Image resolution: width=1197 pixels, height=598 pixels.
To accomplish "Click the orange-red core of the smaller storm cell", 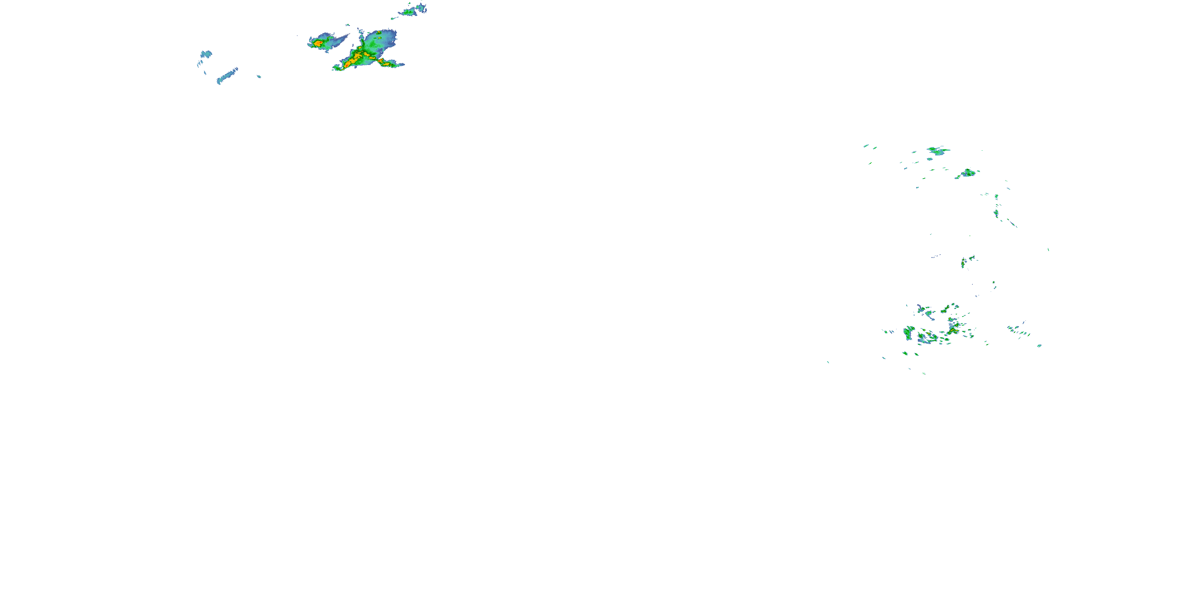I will (318, 43).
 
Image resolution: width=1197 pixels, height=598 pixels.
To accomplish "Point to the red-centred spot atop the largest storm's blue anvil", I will (379, 33).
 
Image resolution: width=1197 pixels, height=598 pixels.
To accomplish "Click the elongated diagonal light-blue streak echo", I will (227, 76).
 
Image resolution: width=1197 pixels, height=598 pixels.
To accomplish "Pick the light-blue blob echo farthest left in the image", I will (205, 54).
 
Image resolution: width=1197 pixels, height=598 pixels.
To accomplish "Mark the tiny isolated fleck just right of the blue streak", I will (259, 76).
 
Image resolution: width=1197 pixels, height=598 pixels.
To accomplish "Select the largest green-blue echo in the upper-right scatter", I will (938, 150).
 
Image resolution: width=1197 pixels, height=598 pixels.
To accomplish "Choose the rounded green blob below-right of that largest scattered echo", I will (968, 173).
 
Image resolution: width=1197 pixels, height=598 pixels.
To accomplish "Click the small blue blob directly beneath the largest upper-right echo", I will (929, 159).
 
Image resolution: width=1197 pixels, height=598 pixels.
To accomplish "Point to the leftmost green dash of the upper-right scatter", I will (866, 146).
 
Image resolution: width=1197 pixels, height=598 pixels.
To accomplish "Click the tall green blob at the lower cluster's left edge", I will (908, 332).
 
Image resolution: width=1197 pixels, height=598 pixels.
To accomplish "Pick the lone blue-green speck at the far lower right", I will (1039, 345).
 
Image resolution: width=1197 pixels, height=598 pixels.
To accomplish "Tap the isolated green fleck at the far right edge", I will (1048, 249).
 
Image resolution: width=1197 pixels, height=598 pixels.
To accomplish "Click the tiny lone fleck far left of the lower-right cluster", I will (828, 362).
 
